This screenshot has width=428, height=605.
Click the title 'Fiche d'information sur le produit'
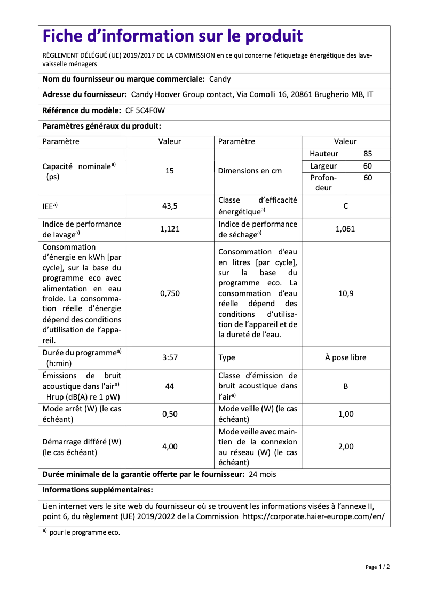click(172, 36)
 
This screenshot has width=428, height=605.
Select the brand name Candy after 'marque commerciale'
click(219, 79)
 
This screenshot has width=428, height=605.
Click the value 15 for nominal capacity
click(170, 171)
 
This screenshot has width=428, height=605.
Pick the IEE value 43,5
click(170, 206)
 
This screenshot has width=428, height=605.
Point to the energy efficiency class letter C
click(345, 206)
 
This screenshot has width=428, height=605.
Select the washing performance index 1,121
click(170, 229)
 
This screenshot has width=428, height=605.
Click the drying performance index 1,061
click(345, 229)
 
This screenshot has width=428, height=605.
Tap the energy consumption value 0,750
click(170, 293)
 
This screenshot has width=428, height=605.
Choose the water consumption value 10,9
click(345, 293)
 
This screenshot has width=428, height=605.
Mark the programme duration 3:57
click(170, 357)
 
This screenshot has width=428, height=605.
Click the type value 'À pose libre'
click(345, 357)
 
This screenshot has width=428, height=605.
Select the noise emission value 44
click(170, 386)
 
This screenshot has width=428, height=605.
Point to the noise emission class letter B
click(345, 386)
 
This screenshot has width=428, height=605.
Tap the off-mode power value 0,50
click(170, 414)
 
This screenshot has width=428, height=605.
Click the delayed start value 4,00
click(170, 447)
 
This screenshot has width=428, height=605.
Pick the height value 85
click(368, 154)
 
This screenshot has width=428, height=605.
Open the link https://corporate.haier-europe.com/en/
click(313, 516)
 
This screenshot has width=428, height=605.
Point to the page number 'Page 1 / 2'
click(377, 567)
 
